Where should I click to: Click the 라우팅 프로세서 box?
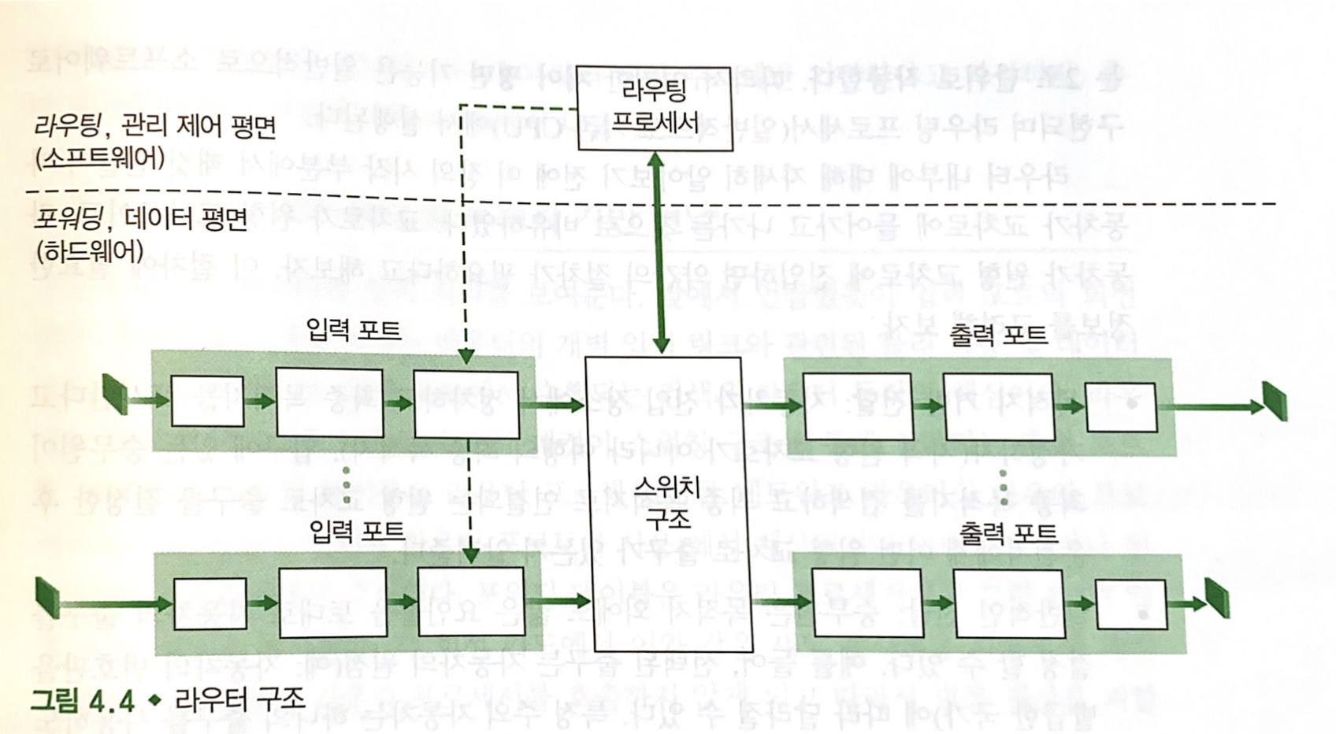pos(655,108)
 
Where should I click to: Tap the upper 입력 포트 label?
pos(354,330)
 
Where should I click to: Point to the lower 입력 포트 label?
pos(358,532)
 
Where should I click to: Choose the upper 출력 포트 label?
pos(998,335)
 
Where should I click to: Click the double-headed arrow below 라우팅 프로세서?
pos(659,252)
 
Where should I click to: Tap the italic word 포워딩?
pos(67,218)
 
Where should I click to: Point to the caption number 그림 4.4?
pos(82,700)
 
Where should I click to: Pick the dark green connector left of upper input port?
pos(115,394)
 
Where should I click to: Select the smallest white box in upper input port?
pos(207,401)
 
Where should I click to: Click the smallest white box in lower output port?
pos(1130,605)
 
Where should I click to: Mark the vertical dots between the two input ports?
pos(347,484)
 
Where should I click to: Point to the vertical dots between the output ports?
pos(1003,488)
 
